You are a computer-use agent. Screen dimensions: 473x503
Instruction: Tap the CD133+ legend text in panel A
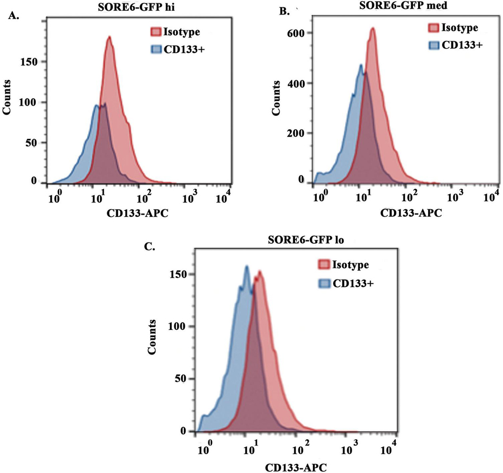tap(182, 49)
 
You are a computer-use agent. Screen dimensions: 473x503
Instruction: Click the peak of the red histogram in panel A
tap(110, 37)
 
